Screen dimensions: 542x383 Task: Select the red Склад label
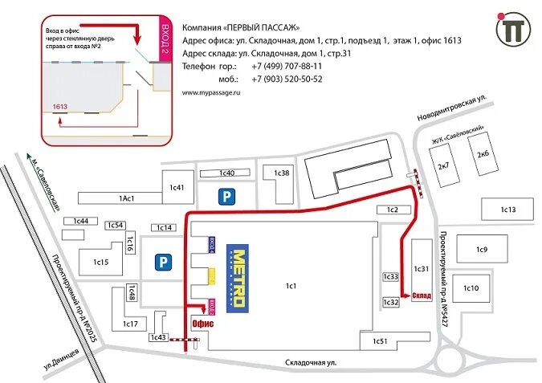point(422,295)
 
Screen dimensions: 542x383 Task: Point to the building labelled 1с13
point(507,210)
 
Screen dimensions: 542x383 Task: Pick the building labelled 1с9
point(481,250)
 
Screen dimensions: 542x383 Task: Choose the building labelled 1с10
point(471,288)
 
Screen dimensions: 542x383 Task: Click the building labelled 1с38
point(281,173)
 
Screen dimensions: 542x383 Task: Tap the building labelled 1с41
point(177,188)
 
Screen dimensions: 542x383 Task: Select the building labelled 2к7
point(442,166)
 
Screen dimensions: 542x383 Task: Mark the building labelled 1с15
point(100,262)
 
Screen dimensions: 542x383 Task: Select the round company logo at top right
point(511,31)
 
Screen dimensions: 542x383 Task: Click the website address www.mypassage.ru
point(211,93)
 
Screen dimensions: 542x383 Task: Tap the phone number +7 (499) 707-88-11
point(287,66)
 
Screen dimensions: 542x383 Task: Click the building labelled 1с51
point(380,341)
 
